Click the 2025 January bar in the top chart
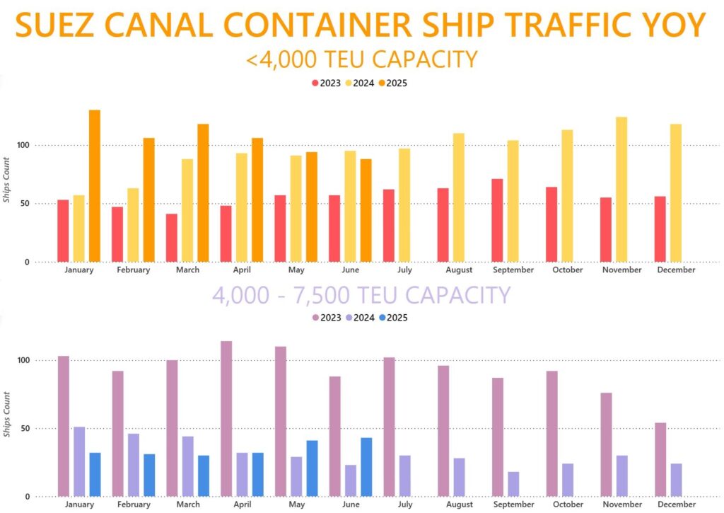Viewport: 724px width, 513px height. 94,185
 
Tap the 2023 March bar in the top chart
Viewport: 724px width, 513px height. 172,238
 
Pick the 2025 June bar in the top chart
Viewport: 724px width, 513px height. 366,210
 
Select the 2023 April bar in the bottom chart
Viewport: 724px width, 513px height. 226,418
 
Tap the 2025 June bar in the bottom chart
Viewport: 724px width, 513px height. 366,467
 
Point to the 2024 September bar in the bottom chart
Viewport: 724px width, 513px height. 513,484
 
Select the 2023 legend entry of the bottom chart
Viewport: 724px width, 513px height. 325,318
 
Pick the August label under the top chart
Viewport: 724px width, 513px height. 460,270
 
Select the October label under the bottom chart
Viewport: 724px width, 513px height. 568,504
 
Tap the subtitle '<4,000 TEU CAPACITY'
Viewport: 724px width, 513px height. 362,59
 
